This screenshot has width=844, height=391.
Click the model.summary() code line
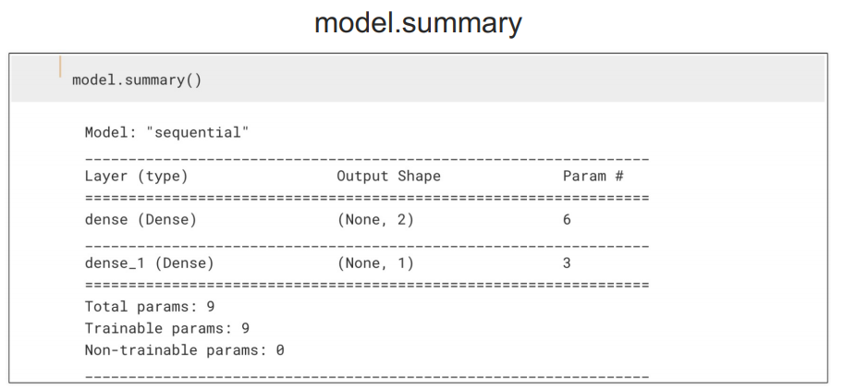click(x=137, y=79)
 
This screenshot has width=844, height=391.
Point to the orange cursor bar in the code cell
click(x=62, y=67)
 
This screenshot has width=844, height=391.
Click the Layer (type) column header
click(x=136, y=176)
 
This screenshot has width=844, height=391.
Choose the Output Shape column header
click(x=388, y=176)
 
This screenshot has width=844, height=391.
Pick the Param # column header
click(x=593, y=176)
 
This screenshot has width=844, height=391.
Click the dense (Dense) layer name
click(x=141, y=220)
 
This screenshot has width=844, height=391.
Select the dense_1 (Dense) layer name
click(x=149, y=263)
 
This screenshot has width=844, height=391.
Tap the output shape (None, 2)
click(x=375, y=220)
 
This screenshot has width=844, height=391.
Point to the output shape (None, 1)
click(x=375, y=263)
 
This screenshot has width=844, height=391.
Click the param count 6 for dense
click(x=567, y=220)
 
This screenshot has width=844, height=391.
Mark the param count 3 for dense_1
click(x=567, y=263)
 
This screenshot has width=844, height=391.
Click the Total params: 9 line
click(x=149, y=306)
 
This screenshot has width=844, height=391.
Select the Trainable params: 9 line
click(x=166, y=328)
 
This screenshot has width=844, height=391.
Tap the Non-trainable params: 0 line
click(x=184, y=350)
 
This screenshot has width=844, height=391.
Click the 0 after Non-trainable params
click(x=280, y=350)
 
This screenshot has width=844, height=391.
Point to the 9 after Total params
click(x=210, y=306)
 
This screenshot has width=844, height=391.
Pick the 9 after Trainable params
click(x=245, y=328)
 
